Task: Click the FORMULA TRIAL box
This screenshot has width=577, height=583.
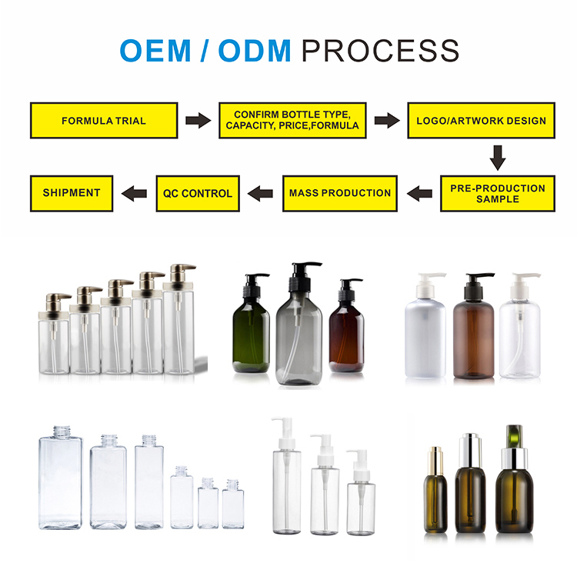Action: pos(104,121)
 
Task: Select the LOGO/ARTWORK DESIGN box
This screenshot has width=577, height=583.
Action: pos(481,121)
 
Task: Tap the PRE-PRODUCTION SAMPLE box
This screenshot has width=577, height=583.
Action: pos(497,193)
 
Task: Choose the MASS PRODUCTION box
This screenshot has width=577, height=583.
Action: pos(340,193)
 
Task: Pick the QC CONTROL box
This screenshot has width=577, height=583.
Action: pos(198,193)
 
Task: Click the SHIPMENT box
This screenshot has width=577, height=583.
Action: pos(72,193)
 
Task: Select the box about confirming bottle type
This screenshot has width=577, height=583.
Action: pos(292,121)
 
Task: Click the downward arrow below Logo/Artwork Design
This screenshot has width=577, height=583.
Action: pos(498,158)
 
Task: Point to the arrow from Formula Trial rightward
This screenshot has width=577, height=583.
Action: pos(198,121)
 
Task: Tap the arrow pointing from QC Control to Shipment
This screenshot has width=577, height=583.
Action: pos(135,193)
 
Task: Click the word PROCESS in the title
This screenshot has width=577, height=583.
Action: pos(381,51)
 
